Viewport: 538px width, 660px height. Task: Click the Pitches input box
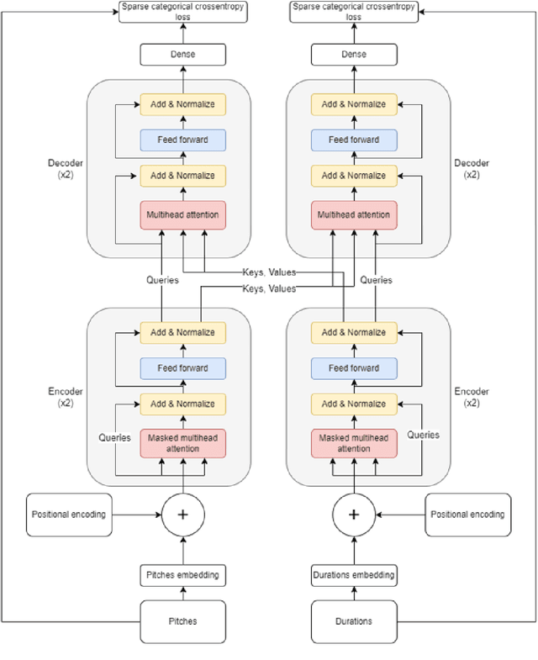[x=182, y=622]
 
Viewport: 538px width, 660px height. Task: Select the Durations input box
[x=354, y=622]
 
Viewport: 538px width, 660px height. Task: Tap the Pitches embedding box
[x=182, y=576]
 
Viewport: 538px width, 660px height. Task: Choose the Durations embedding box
[x=354, y=576]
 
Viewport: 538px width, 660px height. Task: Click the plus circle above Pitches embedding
[x=182, y=515]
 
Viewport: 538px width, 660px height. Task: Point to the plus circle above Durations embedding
[x=354, y=515]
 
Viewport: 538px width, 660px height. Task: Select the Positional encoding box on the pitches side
[x=69, y=515]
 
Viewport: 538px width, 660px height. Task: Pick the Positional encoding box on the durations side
[x=467, y=515]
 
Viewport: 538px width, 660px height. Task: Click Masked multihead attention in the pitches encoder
[x=182, y=443]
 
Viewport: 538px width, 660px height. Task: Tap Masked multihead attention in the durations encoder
[x=354, y=443]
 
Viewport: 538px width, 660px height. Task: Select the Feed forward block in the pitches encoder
[x=182, y=368]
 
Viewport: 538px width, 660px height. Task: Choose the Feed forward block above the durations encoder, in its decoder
[x=354, y=140]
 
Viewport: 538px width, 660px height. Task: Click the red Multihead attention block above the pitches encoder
[x=182, y=215]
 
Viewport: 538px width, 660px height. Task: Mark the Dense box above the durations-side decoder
[x=354, y=55]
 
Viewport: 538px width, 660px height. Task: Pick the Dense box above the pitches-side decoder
[x=182, y=55]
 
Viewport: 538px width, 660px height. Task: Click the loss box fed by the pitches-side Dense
[x=182, y=12]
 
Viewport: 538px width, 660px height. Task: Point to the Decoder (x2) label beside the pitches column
[x=64, y=169]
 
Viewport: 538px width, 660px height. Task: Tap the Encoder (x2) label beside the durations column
[x=472, y=397]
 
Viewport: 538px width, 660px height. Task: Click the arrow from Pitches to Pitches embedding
[x=182, y=593]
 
